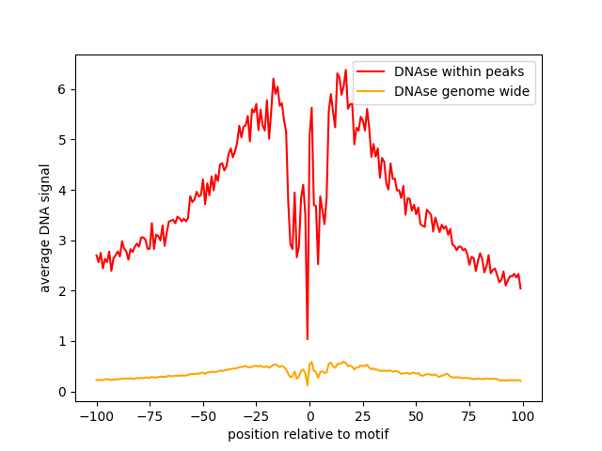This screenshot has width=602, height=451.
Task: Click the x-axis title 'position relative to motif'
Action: pos(308,434)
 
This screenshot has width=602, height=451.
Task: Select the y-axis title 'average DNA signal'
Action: pos(45,228)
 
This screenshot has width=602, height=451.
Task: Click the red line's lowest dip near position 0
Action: pos(308,339)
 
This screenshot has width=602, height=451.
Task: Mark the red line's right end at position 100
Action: pos(521,288)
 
